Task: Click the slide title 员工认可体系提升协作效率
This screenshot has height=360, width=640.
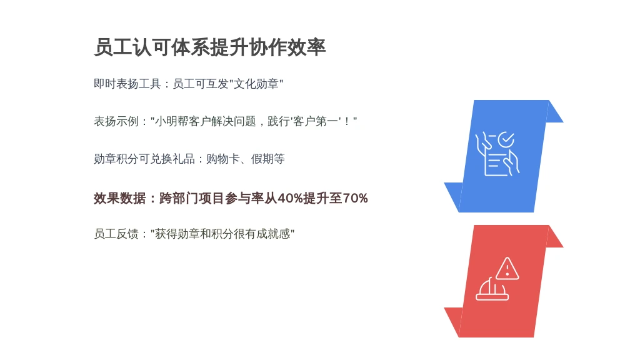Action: [x=210, y=47]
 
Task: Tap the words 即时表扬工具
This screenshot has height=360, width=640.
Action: [x=127, y=84]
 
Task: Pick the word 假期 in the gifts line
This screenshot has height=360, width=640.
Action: [x=262, y=159]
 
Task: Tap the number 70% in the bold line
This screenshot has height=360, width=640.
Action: [x=355, y=198]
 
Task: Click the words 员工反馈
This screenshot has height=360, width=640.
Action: [x=116, y=234]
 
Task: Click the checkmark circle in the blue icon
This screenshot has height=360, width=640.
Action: [x=506, y=139]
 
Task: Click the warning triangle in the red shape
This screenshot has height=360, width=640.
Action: [x=507, y=269]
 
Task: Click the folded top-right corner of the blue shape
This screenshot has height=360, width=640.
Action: [x=555, y=111]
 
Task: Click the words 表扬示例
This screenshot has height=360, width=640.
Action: [x=116, y=121]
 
